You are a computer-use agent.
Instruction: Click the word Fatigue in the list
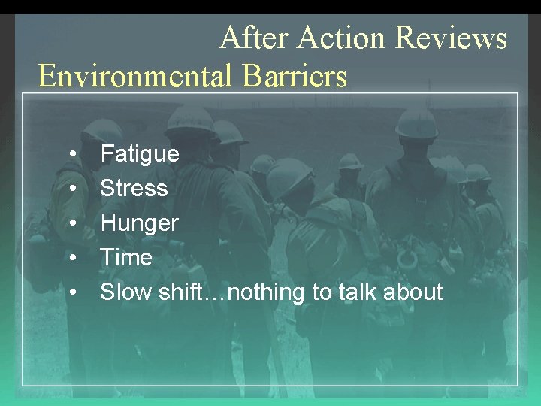coord(140,154)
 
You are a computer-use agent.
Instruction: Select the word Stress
coord(134,188)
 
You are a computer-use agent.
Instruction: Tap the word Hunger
coord(139,223)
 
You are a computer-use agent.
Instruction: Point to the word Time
coord(125,257)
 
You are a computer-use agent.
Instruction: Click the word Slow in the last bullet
coord(126,292)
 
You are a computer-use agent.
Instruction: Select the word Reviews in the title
coord(451,38)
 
